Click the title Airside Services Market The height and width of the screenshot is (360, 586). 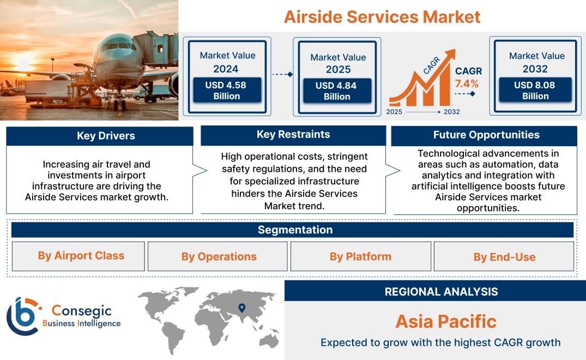click(382, 16)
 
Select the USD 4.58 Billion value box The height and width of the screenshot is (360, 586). click(226, 91)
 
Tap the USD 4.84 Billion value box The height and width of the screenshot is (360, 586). click(337, 91)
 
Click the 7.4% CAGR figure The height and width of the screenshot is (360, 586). click(467, 83)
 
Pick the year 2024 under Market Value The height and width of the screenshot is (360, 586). click(226, 69)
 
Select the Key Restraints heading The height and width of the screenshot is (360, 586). click(293, 135)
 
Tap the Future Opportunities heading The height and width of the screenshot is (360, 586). click(486, 135)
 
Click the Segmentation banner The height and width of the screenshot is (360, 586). click(295, 230)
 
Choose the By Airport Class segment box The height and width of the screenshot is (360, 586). click(81, 256)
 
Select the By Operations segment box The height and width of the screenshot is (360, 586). click(219, 256)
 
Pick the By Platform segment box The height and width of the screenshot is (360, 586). click(360, 256)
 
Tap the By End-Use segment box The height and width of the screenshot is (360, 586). click(504, 257)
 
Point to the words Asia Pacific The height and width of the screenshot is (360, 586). click(445, 321)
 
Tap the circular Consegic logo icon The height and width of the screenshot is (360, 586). click(23, 316)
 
